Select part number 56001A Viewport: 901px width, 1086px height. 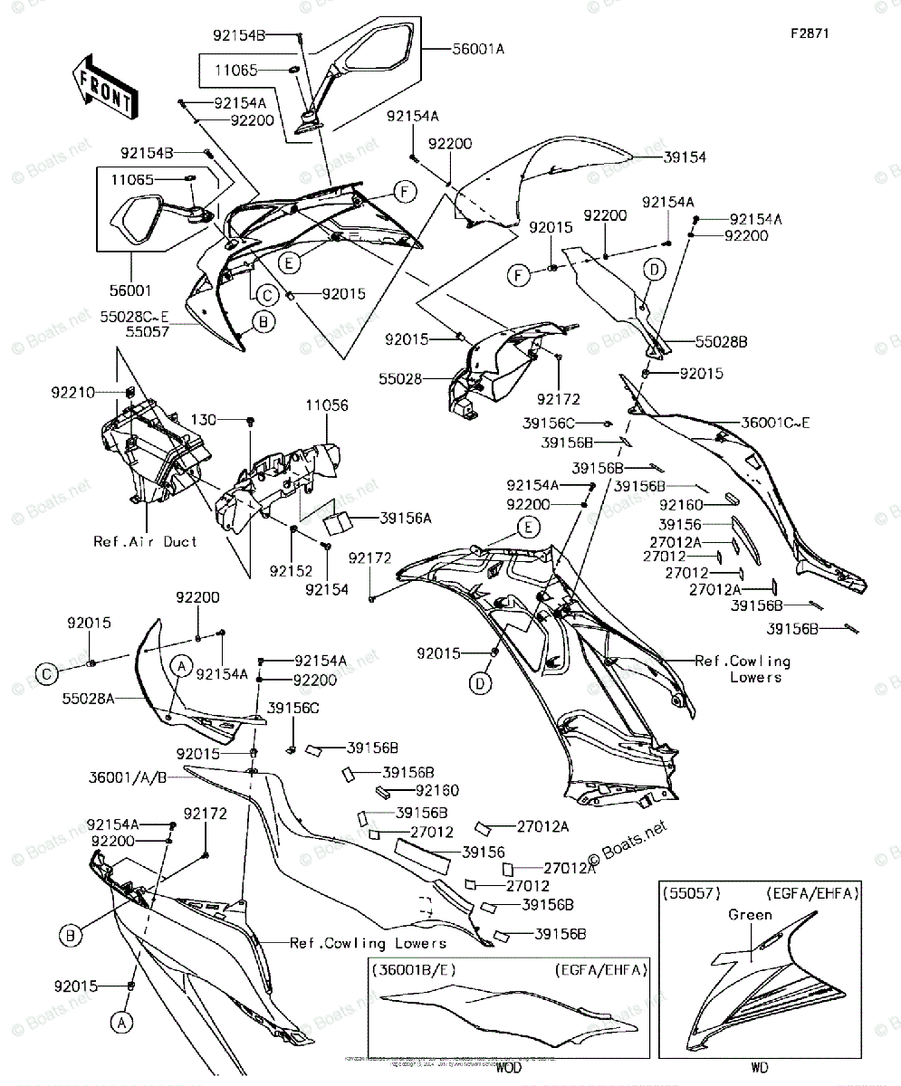pyautogui.click(x=478, y=50)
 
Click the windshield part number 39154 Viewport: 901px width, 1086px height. pyautogui.click(x=685, y=157)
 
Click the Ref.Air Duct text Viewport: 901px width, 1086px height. pyautogui.click(x=145, y=541)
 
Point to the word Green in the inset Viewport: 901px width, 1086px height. pyautogui.click(x=751, y=914)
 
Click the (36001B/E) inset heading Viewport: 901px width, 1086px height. pyautogui.click(x=413, y=970)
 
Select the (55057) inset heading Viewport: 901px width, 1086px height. pyautogui.click(x=690, y=893)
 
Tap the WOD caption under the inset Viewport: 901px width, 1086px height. pyautogui.click(x=509, y=1068)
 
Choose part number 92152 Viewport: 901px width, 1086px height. pyautogui.click(x=291, y=571)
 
